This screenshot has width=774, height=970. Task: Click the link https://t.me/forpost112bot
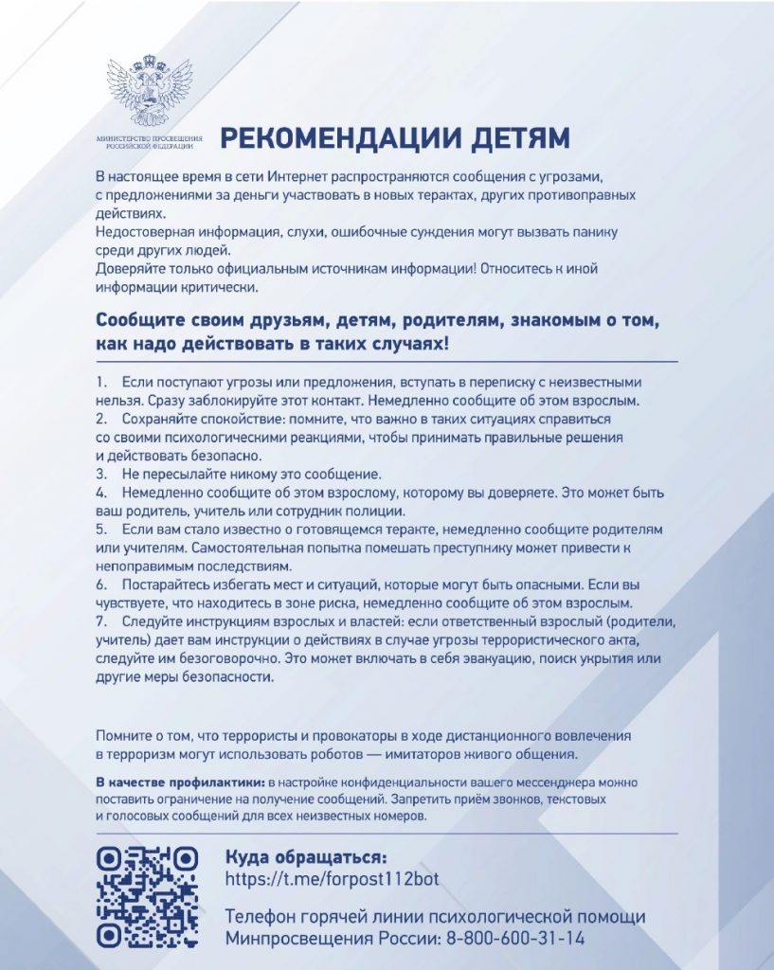[333, 878]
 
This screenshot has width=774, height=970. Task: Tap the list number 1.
[100, 383]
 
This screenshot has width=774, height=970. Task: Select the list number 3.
[100, 473]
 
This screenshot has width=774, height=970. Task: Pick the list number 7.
[100, 621]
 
